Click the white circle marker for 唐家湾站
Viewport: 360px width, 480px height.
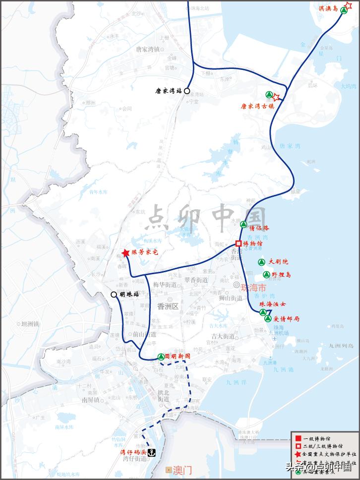coord(187,91)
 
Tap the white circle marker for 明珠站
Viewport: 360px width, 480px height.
coord(114,294)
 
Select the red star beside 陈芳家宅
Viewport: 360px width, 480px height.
coord(126,253)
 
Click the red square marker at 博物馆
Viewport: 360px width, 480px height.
coord(239,243)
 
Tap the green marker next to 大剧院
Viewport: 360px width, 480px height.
coord(261,262)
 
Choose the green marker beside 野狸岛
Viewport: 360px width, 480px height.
coord(266,275)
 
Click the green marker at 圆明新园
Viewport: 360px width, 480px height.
coord(161,356)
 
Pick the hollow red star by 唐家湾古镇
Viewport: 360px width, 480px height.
coord(277,97)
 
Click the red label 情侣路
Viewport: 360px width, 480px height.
coord(260,229)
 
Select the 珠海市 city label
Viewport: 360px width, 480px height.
coord(253,288)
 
